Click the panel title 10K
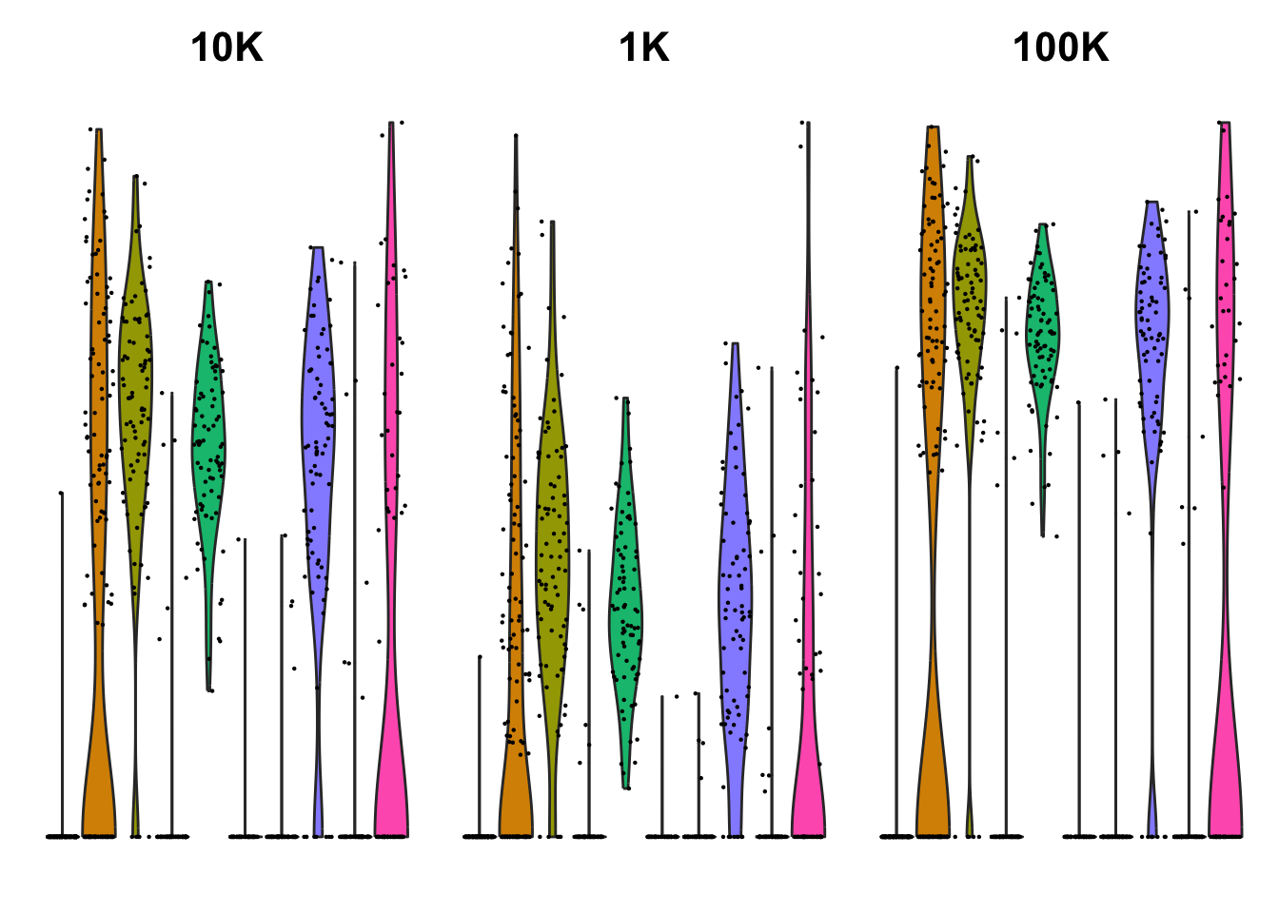pyautogui.click(x=226, y=48)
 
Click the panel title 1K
pyautogui.click(x=644, y=48)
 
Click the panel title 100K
pyautogui.click(x=1060, y=48)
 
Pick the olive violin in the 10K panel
pyautogui.click(x=135, y=380)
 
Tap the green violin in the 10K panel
pyautogui.click(x=208, y=437)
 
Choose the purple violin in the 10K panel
pyautogui.click(x=318, y=428)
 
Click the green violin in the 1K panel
pyautogui.click(x=625, y=609)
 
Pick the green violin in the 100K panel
pyautogui.click(x=1043, y=333)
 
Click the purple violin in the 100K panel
pyautogui.click(x=1152, y=314)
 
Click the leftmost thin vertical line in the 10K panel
pyautogui.click(x=62, y=666)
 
